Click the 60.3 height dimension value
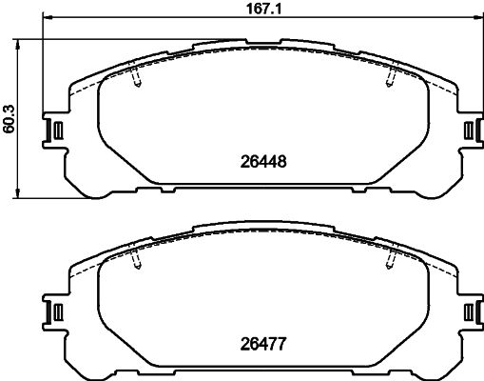[10, 119]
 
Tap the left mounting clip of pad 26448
[54, 130]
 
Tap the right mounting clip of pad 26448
[468, 130]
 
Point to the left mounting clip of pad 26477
[54, 311]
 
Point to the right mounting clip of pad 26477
[468, 311]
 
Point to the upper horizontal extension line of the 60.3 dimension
[114, 39]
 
